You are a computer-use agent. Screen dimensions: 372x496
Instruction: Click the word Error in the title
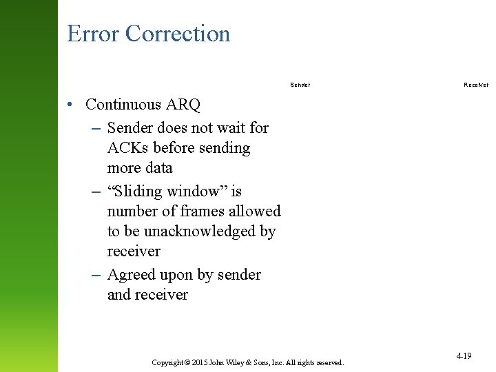pos(94,34)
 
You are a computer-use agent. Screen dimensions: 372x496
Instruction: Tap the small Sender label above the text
pos(300,85)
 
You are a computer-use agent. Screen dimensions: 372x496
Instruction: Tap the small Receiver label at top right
pos(476,85)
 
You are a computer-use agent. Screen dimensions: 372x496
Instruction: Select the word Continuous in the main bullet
pos(123,105)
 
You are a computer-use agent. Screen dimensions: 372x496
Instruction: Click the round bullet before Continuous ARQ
pos(71,105)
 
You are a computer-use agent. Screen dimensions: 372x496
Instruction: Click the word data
pos(157,168)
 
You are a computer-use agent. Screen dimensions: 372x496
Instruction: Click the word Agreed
pos(131,275)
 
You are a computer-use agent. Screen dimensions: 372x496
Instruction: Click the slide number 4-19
pos(464,356)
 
